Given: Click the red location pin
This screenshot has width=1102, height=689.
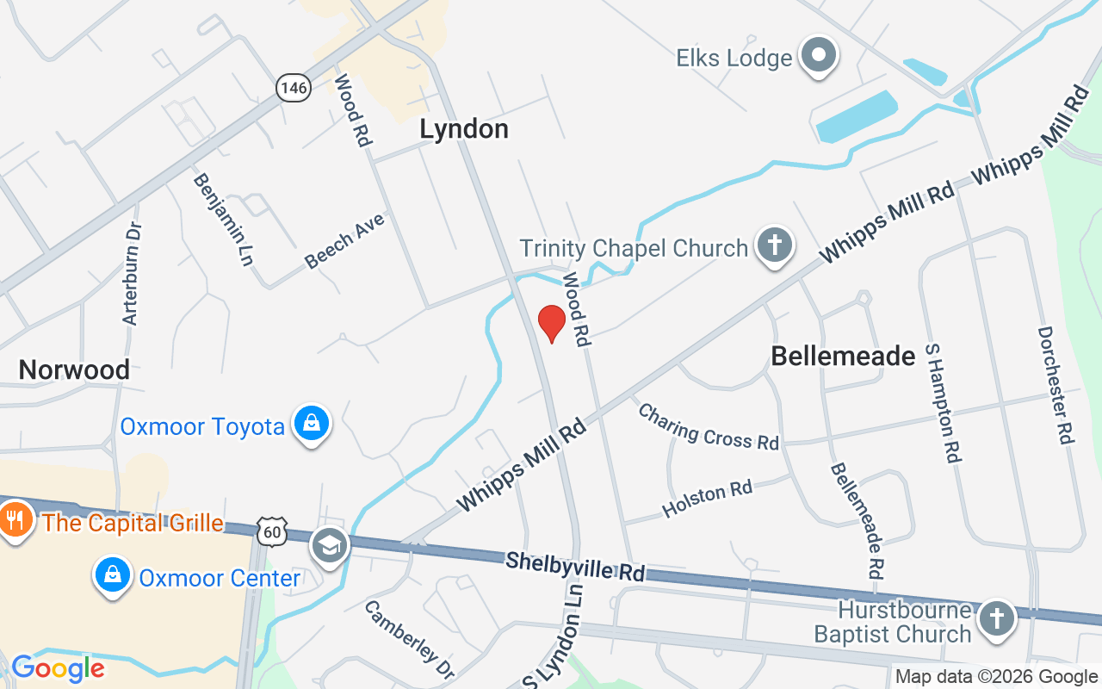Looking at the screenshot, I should click(x=551, y=323).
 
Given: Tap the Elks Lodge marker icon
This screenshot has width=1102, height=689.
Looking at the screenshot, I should click(x=819, y=57).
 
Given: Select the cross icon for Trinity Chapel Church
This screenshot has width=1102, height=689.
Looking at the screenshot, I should click(x=774, y=246).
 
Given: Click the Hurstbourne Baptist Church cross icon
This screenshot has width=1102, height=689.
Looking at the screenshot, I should click(x=996, y=618).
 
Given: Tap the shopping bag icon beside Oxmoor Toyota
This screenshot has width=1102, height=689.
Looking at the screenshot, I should click(x=311, y=424).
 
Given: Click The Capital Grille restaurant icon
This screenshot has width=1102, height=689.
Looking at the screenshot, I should click(x=15, y=520).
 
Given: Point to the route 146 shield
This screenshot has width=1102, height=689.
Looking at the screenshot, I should click(x=293, y=86).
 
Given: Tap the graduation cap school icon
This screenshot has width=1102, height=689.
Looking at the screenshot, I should click(x=330, y=544).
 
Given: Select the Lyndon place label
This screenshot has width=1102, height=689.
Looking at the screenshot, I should click(x=464, y=129).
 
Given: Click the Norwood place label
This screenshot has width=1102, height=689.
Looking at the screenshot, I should click(x=74, y=370).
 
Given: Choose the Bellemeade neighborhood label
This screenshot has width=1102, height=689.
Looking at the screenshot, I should click(x=843, y=356).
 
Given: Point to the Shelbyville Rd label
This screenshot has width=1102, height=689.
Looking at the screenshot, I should click(x=575, y=567).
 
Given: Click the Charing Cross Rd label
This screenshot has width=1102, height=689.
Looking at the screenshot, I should click(x=708, y=426).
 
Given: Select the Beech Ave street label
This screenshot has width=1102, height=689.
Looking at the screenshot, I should click(x=344, y=240).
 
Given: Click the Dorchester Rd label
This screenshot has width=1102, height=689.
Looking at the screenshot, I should click(x=1056, y=384).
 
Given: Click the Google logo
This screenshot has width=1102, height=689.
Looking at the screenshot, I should click(x=58, y=668).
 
